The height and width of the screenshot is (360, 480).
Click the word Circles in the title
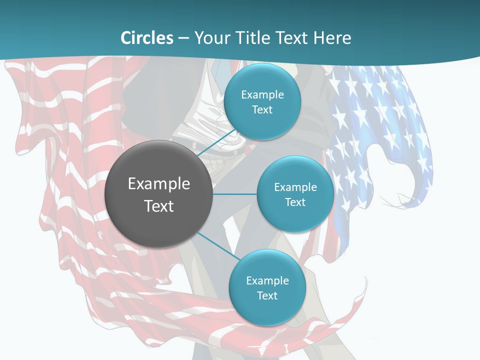click(147, 38)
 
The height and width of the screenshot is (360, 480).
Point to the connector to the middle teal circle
click(235, 193)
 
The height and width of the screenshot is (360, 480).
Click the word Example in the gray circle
click(159, 184)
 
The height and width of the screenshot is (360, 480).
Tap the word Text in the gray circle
click(159, 206)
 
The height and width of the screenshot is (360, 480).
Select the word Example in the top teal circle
click(262, 95)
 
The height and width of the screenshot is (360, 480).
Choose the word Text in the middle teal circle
click(295, 202)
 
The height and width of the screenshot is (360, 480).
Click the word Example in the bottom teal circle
click(267, 281)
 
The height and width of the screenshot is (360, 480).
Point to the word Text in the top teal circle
click(262, 110)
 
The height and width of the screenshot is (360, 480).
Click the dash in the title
click(183, 38)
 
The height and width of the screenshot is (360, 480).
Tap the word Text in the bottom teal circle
click(267, 296)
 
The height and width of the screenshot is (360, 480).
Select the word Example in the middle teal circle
click(295, 187)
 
